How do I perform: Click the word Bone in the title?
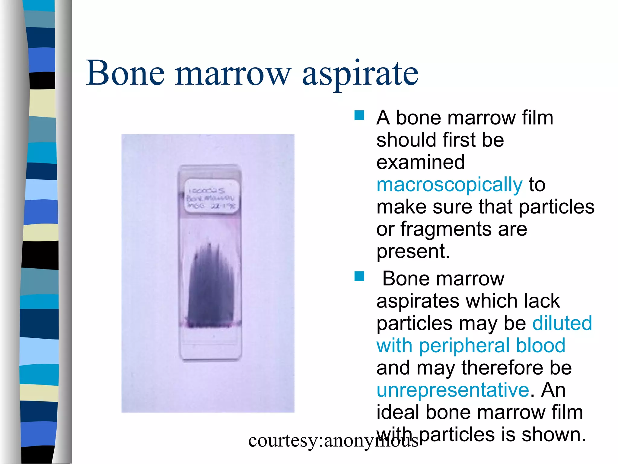[125, 73]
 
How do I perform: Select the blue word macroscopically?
[449, 185]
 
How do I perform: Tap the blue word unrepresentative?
[453, 390]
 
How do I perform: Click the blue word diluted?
[562, 323]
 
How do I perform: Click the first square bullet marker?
[359, 115]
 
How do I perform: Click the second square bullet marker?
[359, 276]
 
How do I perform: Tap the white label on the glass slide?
[212, 196]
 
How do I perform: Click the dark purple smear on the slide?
[211, 287]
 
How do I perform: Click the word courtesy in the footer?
[283, 440]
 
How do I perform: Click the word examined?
[420, 162]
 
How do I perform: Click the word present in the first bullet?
[413, 251]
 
